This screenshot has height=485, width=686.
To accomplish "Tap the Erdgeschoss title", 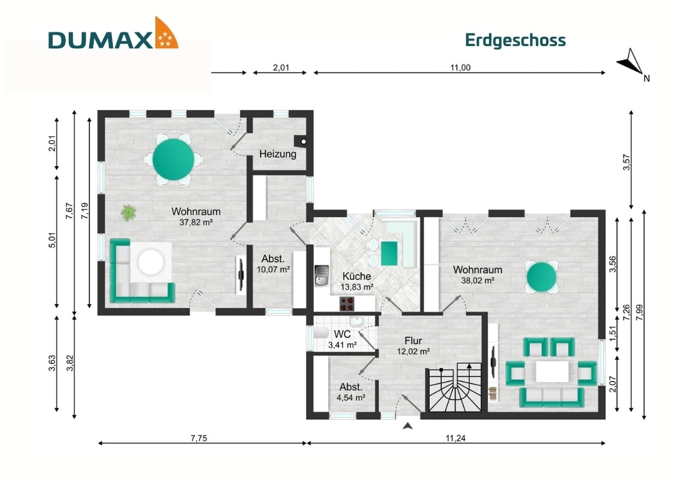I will tap(515, 40).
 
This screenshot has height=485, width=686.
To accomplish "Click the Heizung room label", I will tap(278, 154).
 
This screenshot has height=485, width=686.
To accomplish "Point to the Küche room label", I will tap(357, 277).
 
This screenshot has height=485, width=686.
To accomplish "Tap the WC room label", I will tap(342, 334).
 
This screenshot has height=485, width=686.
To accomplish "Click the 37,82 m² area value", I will tap(195, 222).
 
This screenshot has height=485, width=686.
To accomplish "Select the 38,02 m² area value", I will tap(477, 280).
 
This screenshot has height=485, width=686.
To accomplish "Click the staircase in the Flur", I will tap(455, 390).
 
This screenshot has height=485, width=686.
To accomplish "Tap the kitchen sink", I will tap(321, 276).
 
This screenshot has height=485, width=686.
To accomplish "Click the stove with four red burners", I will tap(350, 303).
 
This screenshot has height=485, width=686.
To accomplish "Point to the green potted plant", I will tap(128, 212).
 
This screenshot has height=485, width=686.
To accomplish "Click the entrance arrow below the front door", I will tap(407, 426).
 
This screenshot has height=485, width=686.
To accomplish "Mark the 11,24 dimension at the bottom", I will tap(456, 438).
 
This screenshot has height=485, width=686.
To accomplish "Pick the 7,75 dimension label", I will tap(200, 438).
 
